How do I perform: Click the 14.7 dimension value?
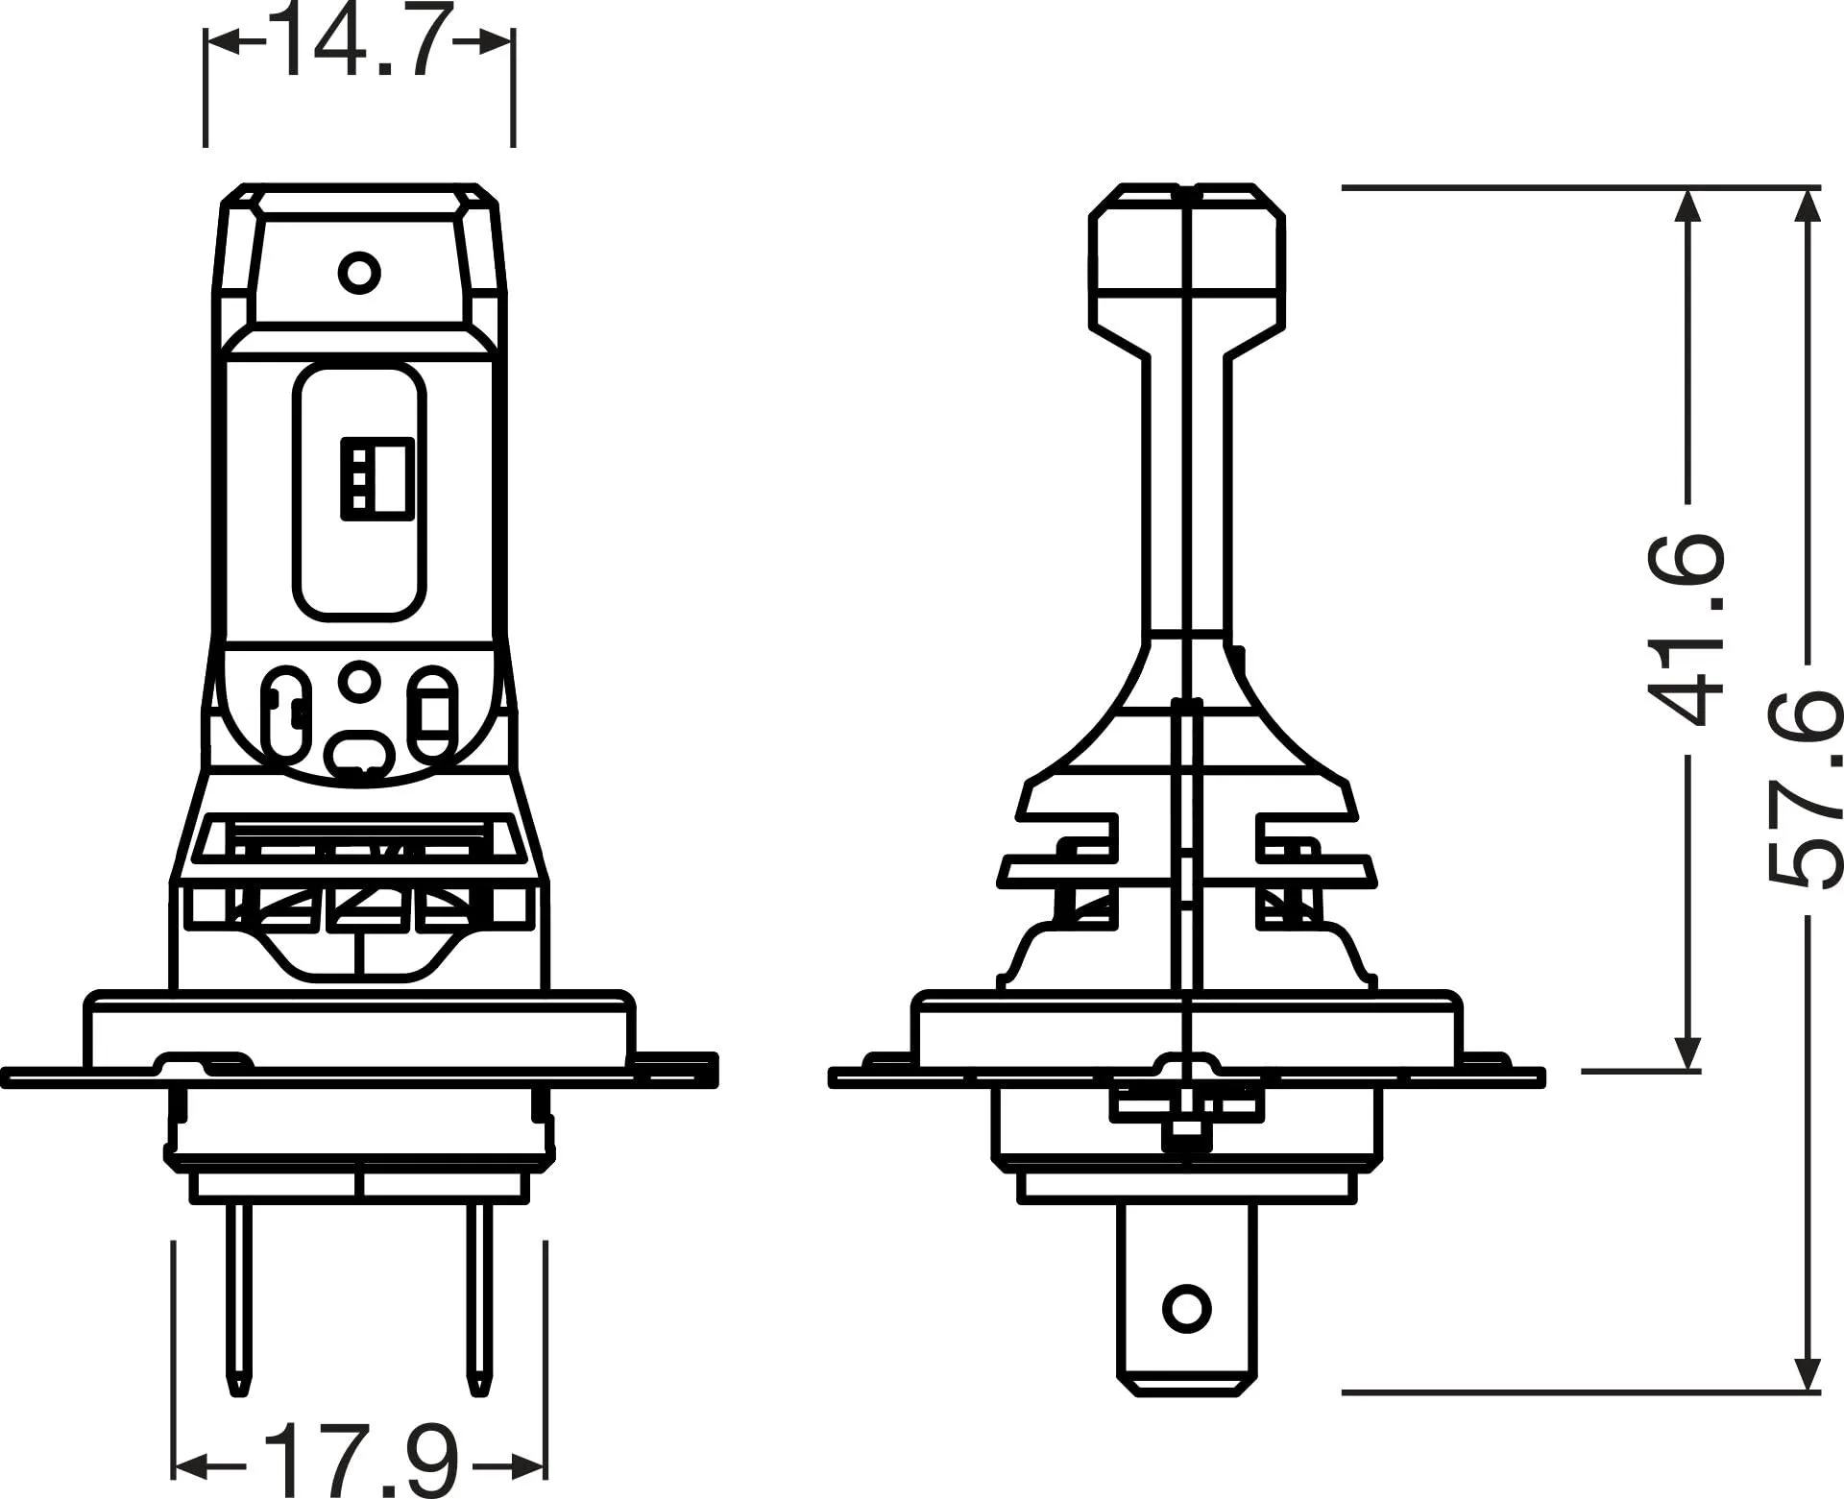click(x=360, y=43)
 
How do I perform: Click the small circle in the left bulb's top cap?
click(x=359, y=273)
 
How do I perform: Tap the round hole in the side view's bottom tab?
click(x=1186, y=1308)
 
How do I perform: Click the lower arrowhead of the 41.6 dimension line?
click(x=1687, y=1052)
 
